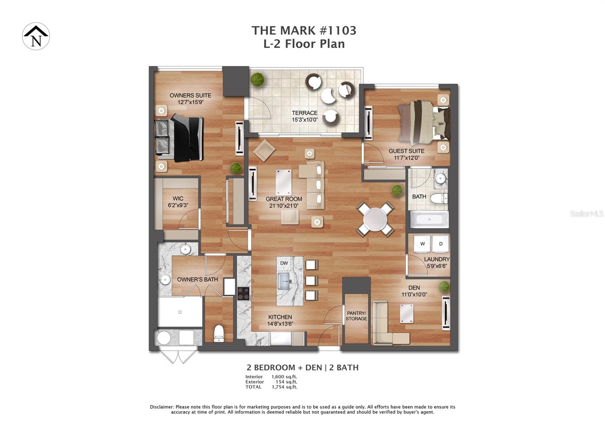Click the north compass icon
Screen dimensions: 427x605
pos(36,36)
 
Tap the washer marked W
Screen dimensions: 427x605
pos(422,244)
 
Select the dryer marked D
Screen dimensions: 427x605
pos(441,244)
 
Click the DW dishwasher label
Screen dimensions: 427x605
pos(284,263)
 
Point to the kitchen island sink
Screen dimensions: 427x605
pos(284,281)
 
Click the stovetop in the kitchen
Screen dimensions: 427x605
pos(243,294)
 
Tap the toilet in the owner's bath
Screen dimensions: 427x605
pos(219,333)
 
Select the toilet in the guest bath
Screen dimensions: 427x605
pos(439,198)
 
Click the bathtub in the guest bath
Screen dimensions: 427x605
pos(429,219)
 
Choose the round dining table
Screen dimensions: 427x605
pos(375,219)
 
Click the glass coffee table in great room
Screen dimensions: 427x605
pos(284,182)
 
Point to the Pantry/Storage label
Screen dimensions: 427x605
pos(356,316)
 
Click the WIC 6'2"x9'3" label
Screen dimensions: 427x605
pos(178,202)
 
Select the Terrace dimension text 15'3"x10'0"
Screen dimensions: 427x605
pos(304,120)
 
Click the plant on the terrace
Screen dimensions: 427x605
pos(258,79)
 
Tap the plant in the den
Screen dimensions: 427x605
pos(444,286)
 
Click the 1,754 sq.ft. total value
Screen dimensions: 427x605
pos(284,387)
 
